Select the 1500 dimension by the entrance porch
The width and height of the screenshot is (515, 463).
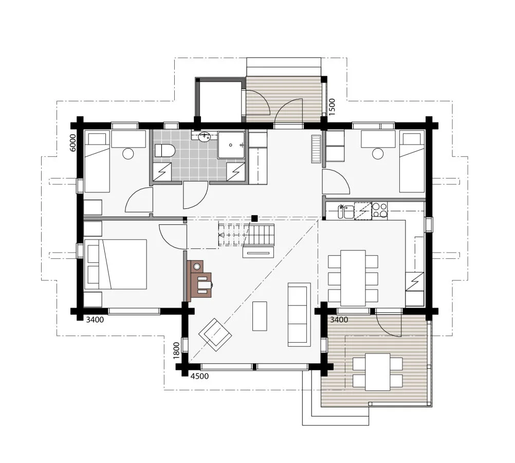pyautogui.click(x=332, y=106)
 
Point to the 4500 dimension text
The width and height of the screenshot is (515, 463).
pyautogui.click(x=199, y=376)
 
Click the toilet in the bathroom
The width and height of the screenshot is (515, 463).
pyautogui.click(x=165, y=150)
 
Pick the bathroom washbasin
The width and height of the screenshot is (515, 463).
pyautogui.click(x=205, y=136)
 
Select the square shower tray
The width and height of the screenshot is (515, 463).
pyautogui.click(x=231, y=145)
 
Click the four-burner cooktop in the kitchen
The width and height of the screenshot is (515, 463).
pyautogui.click(x=379, y=210)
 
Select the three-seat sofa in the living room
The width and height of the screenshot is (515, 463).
pyautogui.click(x=299, y=314)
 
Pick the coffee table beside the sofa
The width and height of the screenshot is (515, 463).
pyautogui.click(x=260, y=316)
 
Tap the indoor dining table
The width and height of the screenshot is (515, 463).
pyautogui.click(x=353, y=278)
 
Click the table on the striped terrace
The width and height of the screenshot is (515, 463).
pyautogui.click(x=378, y=372)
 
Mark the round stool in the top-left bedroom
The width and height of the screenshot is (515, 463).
pyautogui.click(x=128, y=153)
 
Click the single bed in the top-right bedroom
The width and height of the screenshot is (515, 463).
pyautogui.click(x=412, y=162)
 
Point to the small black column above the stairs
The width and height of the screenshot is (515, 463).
pyautogui.click(x=254, y=218)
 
